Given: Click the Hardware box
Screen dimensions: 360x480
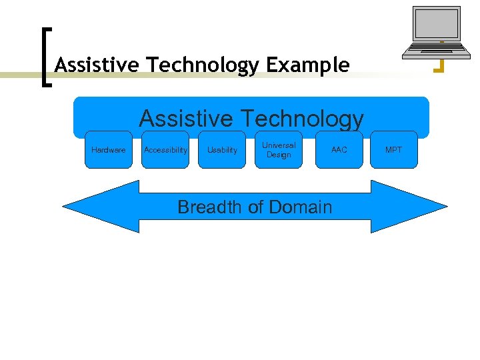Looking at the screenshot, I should pos(108,150).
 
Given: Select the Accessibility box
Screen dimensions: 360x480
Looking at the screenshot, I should pos(165,150).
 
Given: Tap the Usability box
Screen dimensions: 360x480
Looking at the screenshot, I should pos(222,150).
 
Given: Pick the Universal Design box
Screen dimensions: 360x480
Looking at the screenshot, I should pos(279,150).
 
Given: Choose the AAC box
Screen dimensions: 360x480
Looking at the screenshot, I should pos(339,150).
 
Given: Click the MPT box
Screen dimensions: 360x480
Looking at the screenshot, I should pos(394,150).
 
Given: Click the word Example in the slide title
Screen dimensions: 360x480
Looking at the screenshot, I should pos(307,65).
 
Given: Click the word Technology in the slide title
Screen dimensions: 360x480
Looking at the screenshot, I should pos(203,65).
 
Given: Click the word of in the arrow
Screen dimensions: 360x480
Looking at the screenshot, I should pos(255,207).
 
